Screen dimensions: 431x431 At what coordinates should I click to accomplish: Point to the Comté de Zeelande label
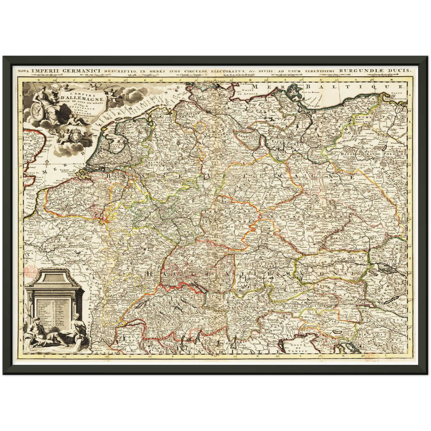(x=67, y=172)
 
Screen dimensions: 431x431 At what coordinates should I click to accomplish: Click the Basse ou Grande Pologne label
(x=373, y=154)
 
